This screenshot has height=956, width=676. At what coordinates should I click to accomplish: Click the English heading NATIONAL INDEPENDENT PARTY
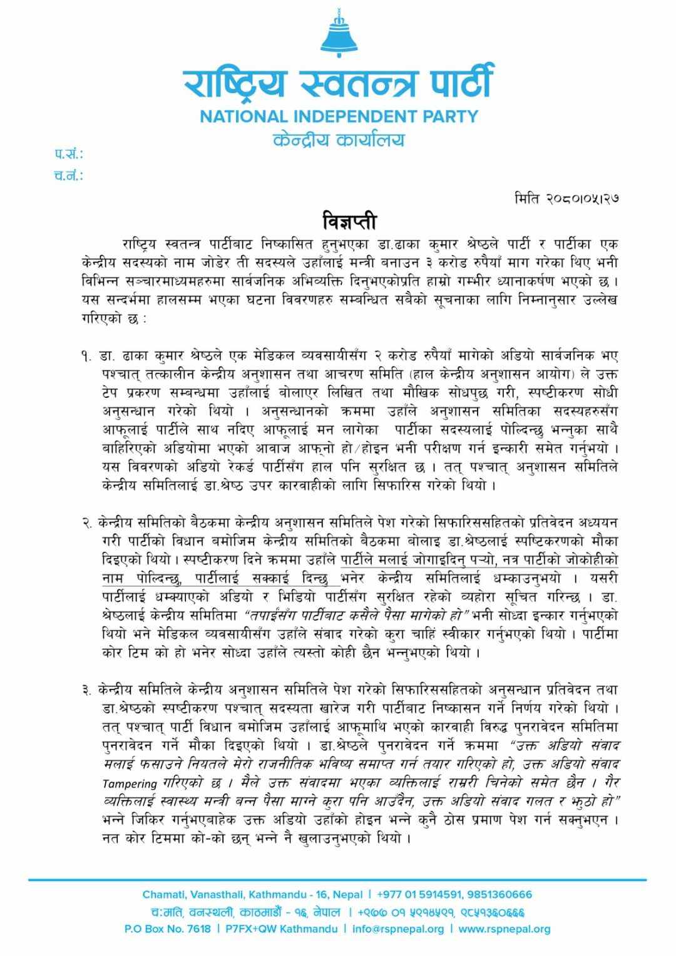[x=339, y=116]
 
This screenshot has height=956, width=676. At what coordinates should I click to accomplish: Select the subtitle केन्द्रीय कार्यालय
[x=339, y=139]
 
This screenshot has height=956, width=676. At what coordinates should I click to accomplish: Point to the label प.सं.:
[x=68, y=154]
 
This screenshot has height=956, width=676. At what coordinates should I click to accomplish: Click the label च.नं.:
[x=68, y=175]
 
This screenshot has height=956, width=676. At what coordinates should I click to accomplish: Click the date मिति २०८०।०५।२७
[x=567, y=199]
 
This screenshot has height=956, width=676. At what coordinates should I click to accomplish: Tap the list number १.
[x=86, y=357]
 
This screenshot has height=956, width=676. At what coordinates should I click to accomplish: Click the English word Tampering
[x=128, y=783]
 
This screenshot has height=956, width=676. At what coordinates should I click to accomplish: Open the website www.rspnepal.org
[x=504, y=929]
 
